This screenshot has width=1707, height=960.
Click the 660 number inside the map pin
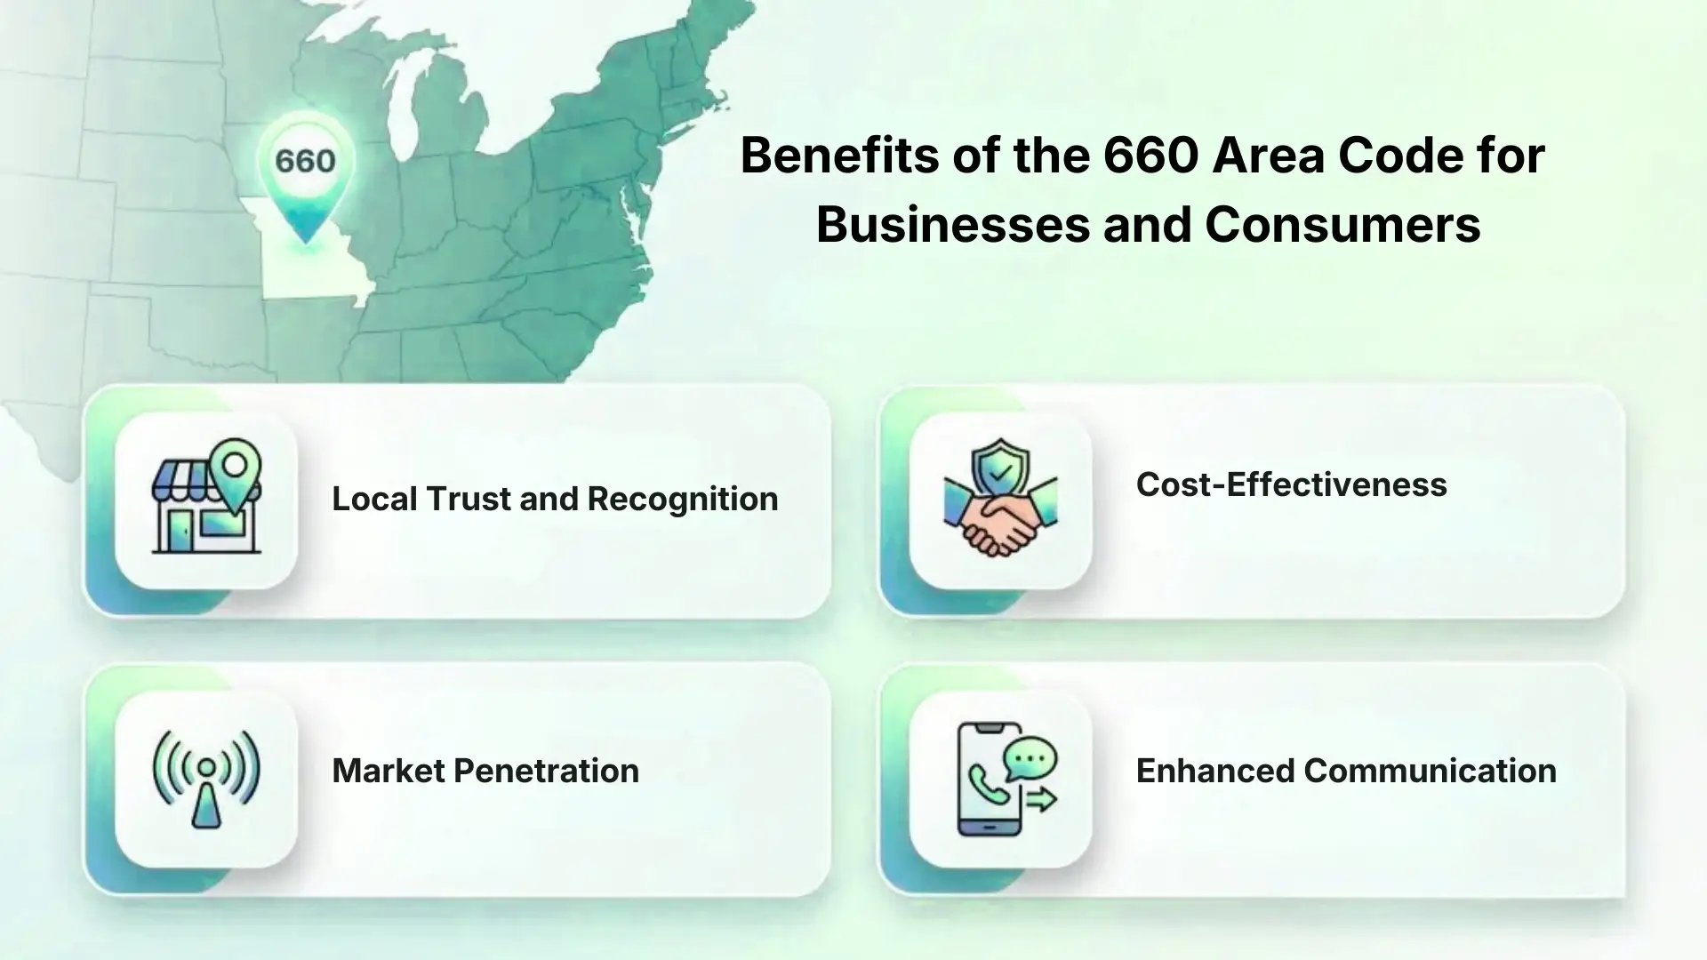(x=305, y=161)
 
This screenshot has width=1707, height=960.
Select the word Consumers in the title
(x=1342, y=224)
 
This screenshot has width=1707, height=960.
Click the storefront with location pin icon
(x=206, y=497)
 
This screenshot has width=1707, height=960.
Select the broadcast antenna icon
(x=206, y=779)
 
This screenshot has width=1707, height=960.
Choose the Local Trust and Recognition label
(x=555, y=499)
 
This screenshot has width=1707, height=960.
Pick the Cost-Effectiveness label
(x=1292, y=484)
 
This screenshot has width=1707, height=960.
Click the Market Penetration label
(x=485, y=771)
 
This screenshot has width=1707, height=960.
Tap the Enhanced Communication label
(x=1346, y=771)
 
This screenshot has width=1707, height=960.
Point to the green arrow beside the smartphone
(x=1041, y=799)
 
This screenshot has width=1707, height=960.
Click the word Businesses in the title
(x=952, y=224)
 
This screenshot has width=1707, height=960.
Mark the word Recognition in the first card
(x=683, y=500)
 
